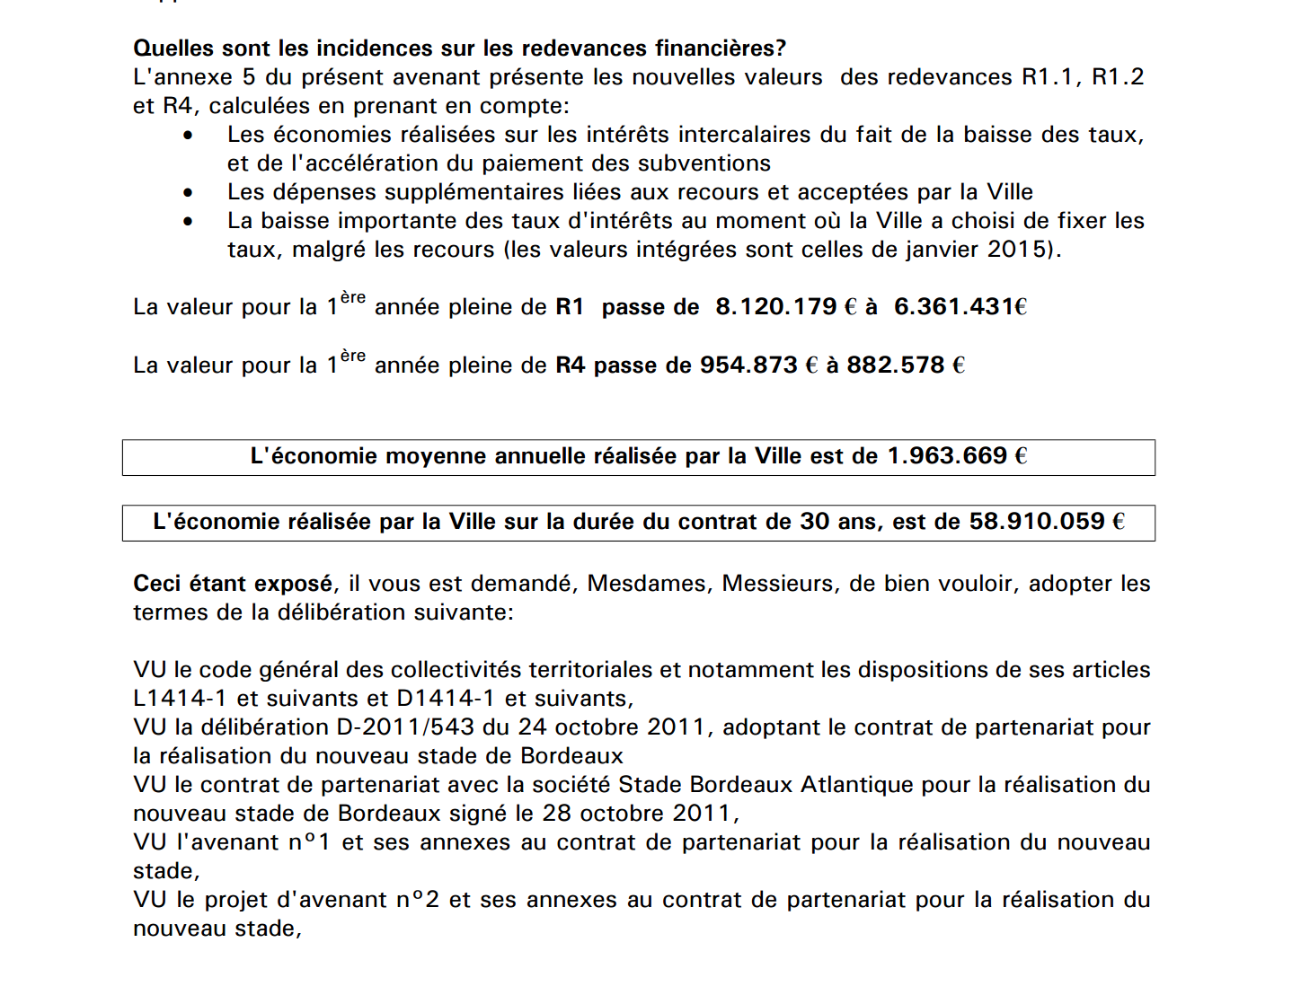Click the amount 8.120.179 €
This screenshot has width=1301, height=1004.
click(785, 307)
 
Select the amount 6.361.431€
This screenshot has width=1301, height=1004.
click(960, 307)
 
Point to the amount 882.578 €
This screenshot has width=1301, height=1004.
click(905, 365)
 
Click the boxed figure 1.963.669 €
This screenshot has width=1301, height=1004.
click(957, 456)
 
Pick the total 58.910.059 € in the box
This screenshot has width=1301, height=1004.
click(1046, 522)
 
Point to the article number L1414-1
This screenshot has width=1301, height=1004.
click(180, 699)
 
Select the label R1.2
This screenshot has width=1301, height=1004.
click(1118, 77)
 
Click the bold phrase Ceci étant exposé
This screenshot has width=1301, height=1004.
click(233, 584)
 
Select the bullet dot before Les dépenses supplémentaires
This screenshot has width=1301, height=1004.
click(188, 193)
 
